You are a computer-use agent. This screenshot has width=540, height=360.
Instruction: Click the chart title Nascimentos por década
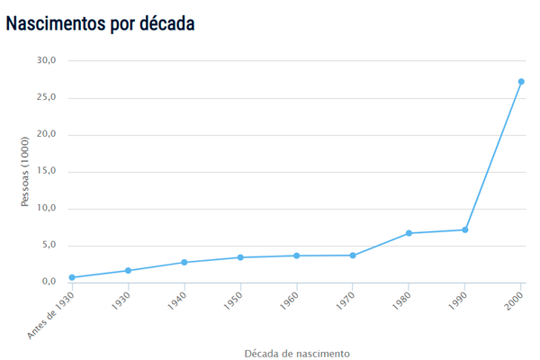(x=100, y=23)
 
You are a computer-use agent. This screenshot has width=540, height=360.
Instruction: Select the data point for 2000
(x=521, y=82)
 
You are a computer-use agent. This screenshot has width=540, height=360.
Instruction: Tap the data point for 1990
(x=465, y=229)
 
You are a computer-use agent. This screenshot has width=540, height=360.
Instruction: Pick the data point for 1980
(x=409, y=233)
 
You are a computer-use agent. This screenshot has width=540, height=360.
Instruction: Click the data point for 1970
(x=353, y=256)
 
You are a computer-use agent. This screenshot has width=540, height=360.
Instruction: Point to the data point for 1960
(x=296, y=256)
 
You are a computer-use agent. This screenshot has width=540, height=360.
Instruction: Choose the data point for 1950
(x=240, y=257)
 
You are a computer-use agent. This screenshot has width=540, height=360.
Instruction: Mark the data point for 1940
(x=184, y=263)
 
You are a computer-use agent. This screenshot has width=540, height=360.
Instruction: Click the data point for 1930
(x=128, y=271)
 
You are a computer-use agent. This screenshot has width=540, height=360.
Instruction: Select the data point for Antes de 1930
(x=72, y=277)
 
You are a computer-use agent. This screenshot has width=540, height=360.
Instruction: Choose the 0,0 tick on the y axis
(x=48, y=282)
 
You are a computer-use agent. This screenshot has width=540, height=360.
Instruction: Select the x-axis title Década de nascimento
(x=297, y=353)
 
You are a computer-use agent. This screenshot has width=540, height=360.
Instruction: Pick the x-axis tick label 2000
(x=514, y=303)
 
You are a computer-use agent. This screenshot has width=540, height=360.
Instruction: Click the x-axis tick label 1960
(x=289, y=303)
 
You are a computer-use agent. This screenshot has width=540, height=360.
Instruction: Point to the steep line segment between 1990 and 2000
(x=493, y=156)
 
